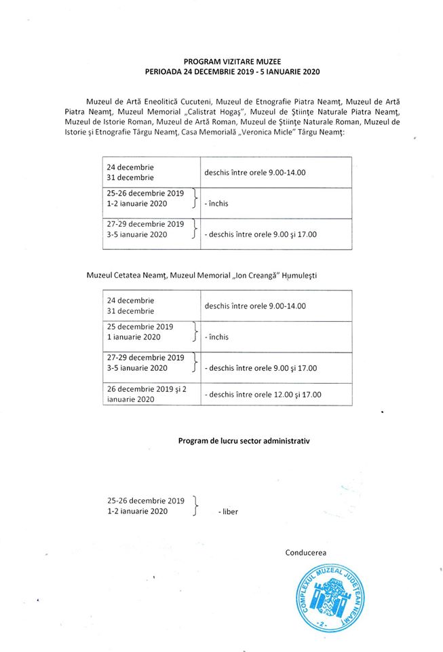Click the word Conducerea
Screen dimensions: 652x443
tap(306, 552)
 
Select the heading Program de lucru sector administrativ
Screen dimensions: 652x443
tap(244, 441)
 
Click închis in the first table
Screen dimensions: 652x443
tap(218, 203)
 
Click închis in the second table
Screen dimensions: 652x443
tap(218, 337)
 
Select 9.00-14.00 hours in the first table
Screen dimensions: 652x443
tap(255, 173)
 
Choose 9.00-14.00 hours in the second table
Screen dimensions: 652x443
tap(255, 306)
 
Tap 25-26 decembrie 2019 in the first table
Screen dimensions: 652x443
tap(145, 193)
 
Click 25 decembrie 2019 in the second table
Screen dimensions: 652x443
tap(140, 327)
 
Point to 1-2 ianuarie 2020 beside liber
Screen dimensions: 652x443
tap(136, 511)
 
